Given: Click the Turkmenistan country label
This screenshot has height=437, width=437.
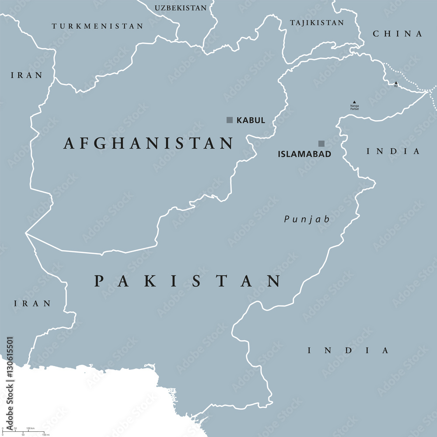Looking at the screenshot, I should click(97, 26).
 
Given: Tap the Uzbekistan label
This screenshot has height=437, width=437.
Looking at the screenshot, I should click(181, 8).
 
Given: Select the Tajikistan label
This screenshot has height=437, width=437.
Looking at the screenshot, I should click(317, 22).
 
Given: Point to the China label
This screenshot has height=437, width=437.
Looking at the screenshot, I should click(397, 34).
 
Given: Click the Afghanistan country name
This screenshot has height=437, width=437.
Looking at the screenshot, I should click(148, 143).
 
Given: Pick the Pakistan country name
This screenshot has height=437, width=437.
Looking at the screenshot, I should click(187, 281).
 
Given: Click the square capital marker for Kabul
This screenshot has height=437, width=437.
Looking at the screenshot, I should click(229, 120).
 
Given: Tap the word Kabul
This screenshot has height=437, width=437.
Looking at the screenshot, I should click(251, 120).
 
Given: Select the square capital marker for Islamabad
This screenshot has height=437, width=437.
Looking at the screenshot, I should click(321, 143).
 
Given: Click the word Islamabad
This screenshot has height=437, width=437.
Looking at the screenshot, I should click(304, 154).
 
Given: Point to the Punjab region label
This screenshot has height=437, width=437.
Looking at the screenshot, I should click(306, 219).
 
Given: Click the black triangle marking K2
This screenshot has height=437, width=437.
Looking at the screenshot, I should click(396, 83).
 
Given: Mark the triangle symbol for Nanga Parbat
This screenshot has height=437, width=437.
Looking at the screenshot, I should click(354, 102).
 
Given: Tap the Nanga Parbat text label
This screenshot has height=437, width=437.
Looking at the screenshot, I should click(354, 107).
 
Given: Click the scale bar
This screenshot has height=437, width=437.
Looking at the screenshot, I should click(24, 432).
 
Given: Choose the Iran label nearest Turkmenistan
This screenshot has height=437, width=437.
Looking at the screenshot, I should click(27, 75).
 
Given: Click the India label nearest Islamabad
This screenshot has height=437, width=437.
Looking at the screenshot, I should click(393, 151).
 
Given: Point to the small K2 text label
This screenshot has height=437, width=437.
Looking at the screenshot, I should click(396, 86).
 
